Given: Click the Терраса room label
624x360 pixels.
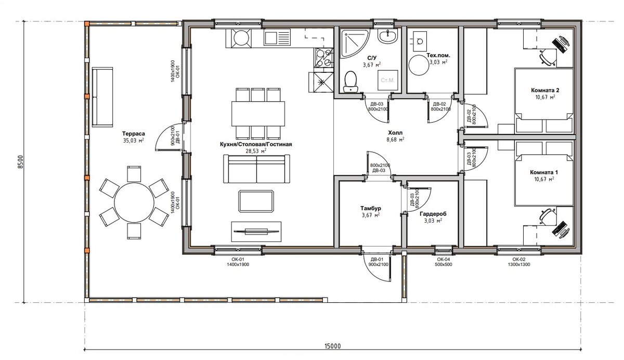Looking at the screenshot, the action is [134, 134].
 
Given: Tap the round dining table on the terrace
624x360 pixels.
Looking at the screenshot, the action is [134, 202].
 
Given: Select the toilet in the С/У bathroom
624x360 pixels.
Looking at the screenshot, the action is [350, 82].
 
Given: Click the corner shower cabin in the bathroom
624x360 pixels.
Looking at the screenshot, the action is [354, 44].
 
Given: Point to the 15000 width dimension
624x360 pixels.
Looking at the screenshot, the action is [333, 346].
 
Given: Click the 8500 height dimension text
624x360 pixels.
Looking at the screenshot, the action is [20, 162].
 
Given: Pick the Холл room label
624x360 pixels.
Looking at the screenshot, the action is [395, 133].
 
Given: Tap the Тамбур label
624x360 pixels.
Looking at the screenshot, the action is [370, 208].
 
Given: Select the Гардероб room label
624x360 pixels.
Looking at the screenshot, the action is [433, 214].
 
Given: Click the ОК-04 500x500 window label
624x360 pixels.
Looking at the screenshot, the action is [444, 262].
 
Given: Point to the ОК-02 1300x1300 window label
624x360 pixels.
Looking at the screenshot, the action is [519, 262].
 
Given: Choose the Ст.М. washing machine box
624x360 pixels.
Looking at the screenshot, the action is [387, 80].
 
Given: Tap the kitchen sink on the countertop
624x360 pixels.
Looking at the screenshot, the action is [277, 38].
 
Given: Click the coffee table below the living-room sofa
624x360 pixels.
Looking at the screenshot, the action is [256, 201].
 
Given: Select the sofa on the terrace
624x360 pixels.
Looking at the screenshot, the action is [102, 97].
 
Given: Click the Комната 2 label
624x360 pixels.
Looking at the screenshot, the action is [545, 91].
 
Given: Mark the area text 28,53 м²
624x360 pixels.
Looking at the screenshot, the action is [256, 151].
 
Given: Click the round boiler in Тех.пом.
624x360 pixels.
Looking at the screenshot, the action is [419, 65].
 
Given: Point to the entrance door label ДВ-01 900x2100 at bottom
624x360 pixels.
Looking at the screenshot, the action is [379, 262].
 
